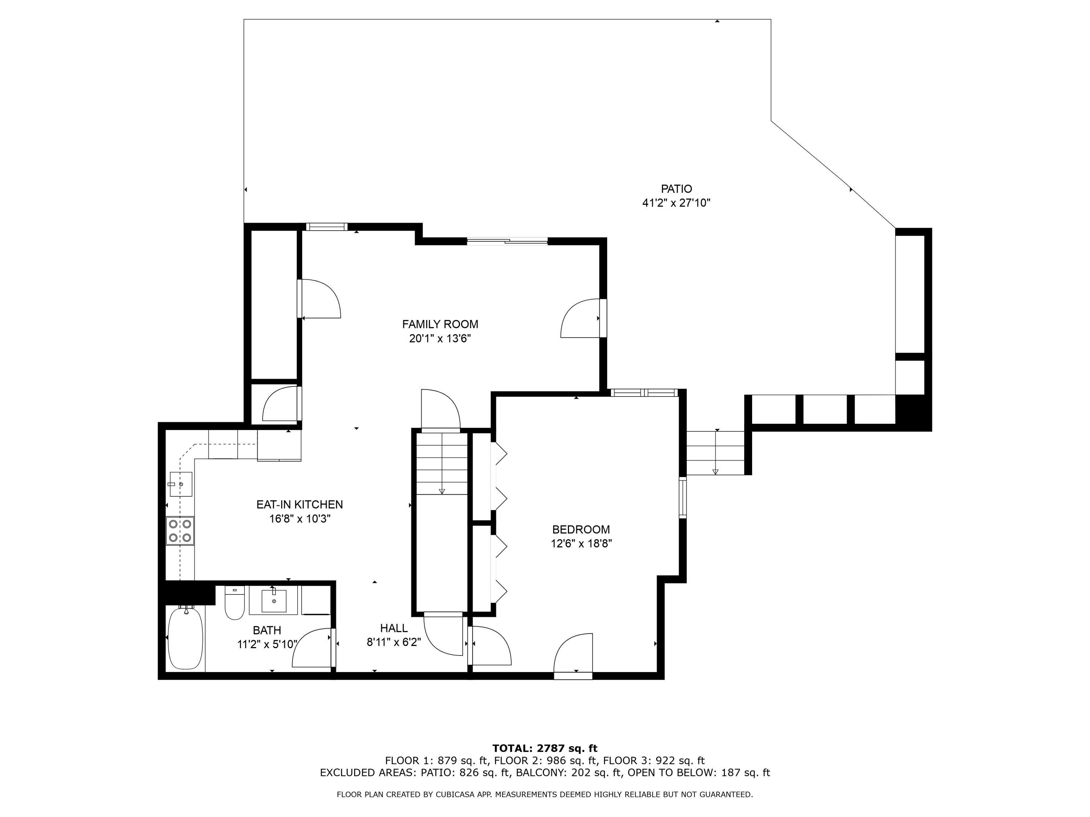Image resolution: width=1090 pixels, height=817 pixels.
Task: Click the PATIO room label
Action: tap(676, 188)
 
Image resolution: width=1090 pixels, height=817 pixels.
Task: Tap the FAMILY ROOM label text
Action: tap(440, 324)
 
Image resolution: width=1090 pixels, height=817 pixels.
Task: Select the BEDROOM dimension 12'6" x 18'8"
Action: tap(581, 544)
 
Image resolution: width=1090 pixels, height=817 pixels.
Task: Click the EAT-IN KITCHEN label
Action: tap(300, 504)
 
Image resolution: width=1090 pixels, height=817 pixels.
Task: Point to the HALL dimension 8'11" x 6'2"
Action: tap(394, 642)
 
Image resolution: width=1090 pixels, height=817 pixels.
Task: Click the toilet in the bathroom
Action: tap(235, 604)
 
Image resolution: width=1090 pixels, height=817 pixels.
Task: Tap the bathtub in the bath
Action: tap(185, 638)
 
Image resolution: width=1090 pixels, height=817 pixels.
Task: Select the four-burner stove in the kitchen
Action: tap(180, 531)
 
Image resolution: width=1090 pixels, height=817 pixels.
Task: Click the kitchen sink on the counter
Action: tap(180, 484)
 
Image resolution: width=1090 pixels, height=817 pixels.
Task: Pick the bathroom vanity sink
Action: tap(274, 601)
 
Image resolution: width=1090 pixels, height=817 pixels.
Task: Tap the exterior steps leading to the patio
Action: tap(715, 452)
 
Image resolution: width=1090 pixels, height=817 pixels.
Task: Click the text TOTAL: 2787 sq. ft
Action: tap(545, 748)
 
